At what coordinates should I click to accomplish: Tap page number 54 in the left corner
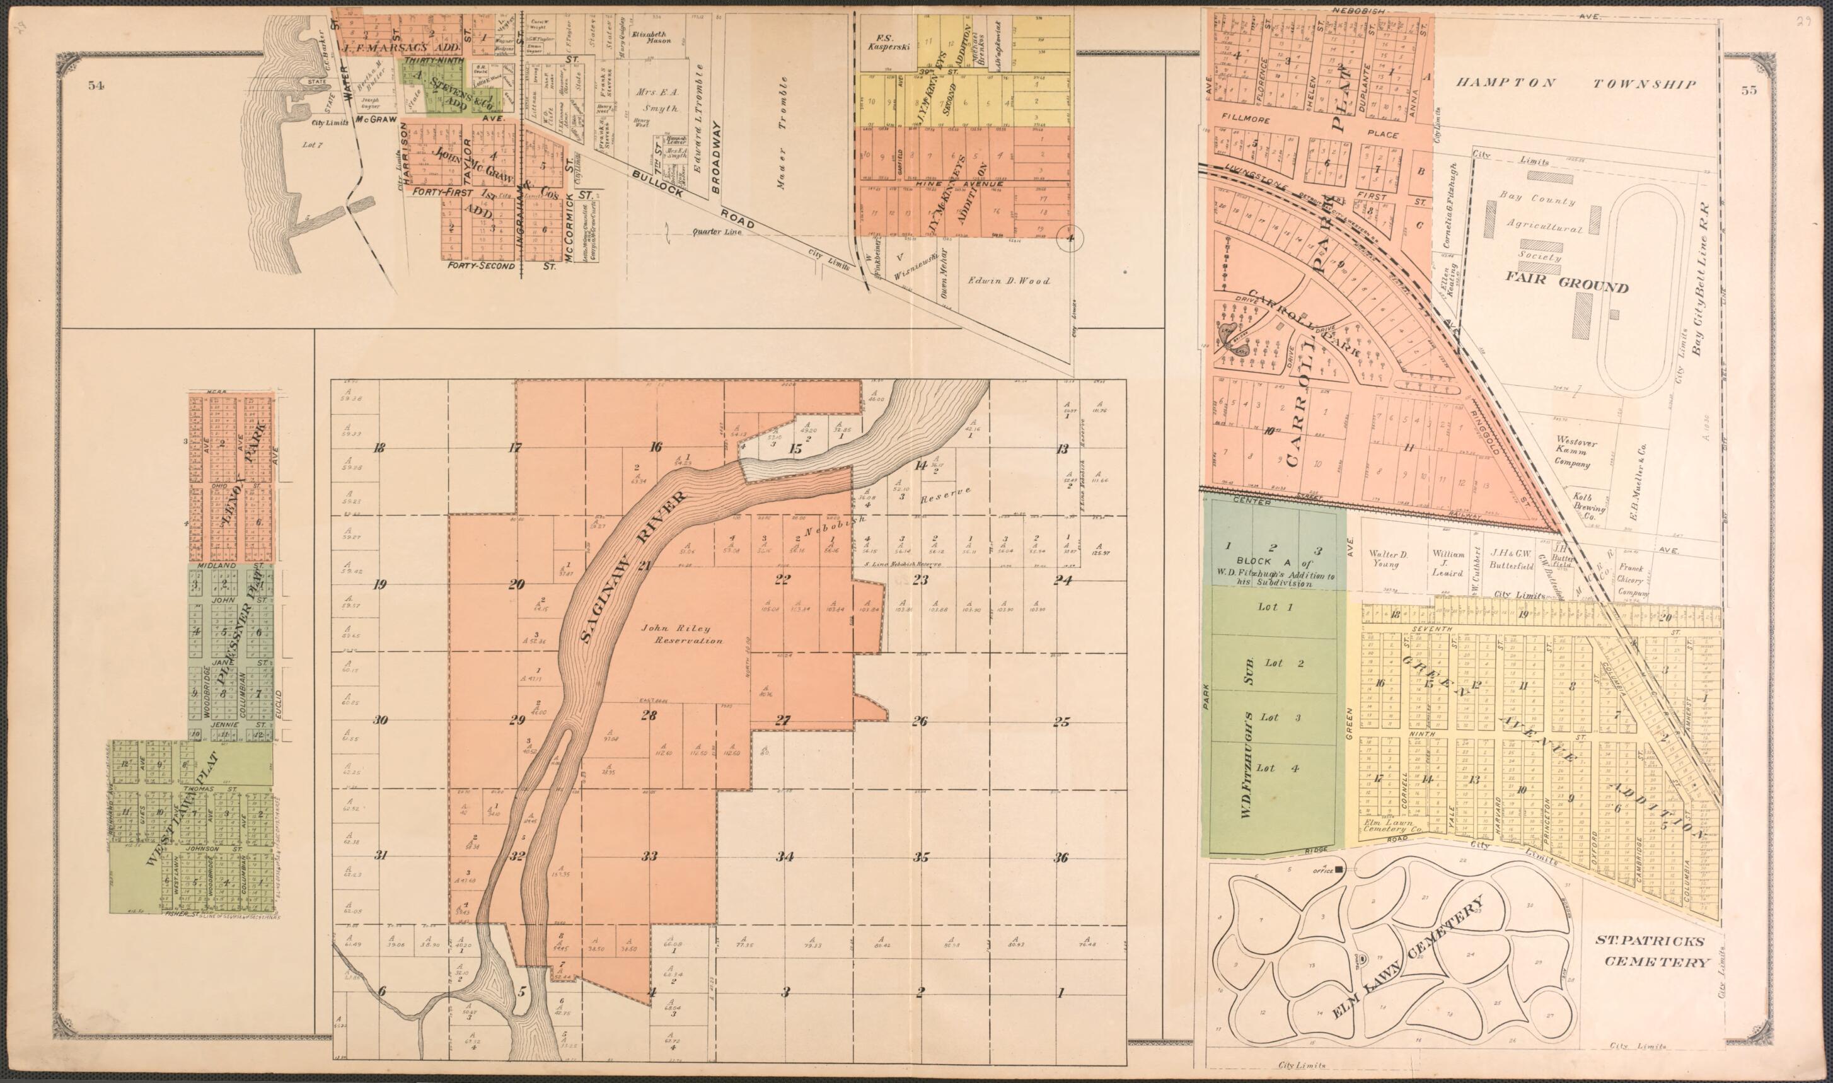[x=96, y=85]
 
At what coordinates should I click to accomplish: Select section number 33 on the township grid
[x=649, y=855]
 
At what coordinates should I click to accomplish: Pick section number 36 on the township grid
[x=1061, y=857]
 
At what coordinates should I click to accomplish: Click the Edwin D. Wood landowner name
[x=1009, y=281]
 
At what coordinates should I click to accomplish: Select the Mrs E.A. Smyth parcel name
[x=656, y=101]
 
